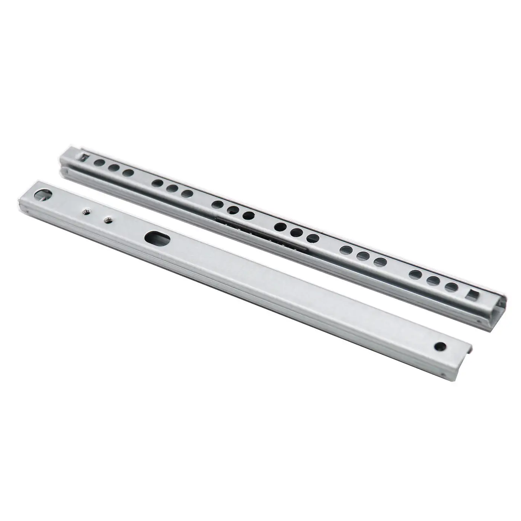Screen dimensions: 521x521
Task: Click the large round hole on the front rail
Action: click(x=44, y=195)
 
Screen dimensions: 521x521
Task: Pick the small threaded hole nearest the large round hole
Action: click(x=85, y=211)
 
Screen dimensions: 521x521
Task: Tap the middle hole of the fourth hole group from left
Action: click(x=296, y=233)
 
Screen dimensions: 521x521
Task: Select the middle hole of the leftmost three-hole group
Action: click(x=114, y=168)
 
